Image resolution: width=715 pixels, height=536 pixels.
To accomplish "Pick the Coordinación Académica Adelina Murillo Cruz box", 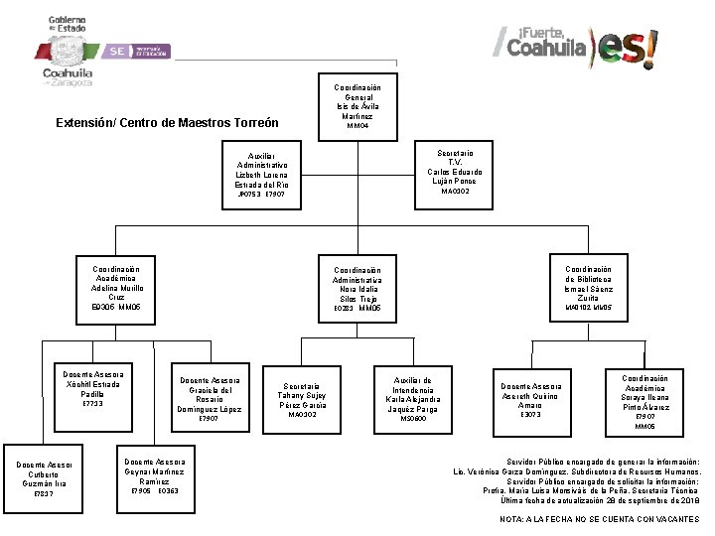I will (116, 288).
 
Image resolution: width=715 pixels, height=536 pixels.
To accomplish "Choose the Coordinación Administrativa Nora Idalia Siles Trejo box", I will (357, 289).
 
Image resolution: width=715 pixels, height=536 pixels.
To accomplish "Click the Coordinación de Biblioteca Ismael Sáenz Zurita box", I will (589, 288).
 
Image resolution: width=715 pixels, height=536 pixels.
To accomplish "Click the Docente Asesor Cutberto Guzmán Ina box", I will (43, 478).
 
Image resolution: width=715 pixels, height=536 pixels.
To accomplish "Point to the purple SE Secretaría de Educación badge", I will (139, 50).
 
